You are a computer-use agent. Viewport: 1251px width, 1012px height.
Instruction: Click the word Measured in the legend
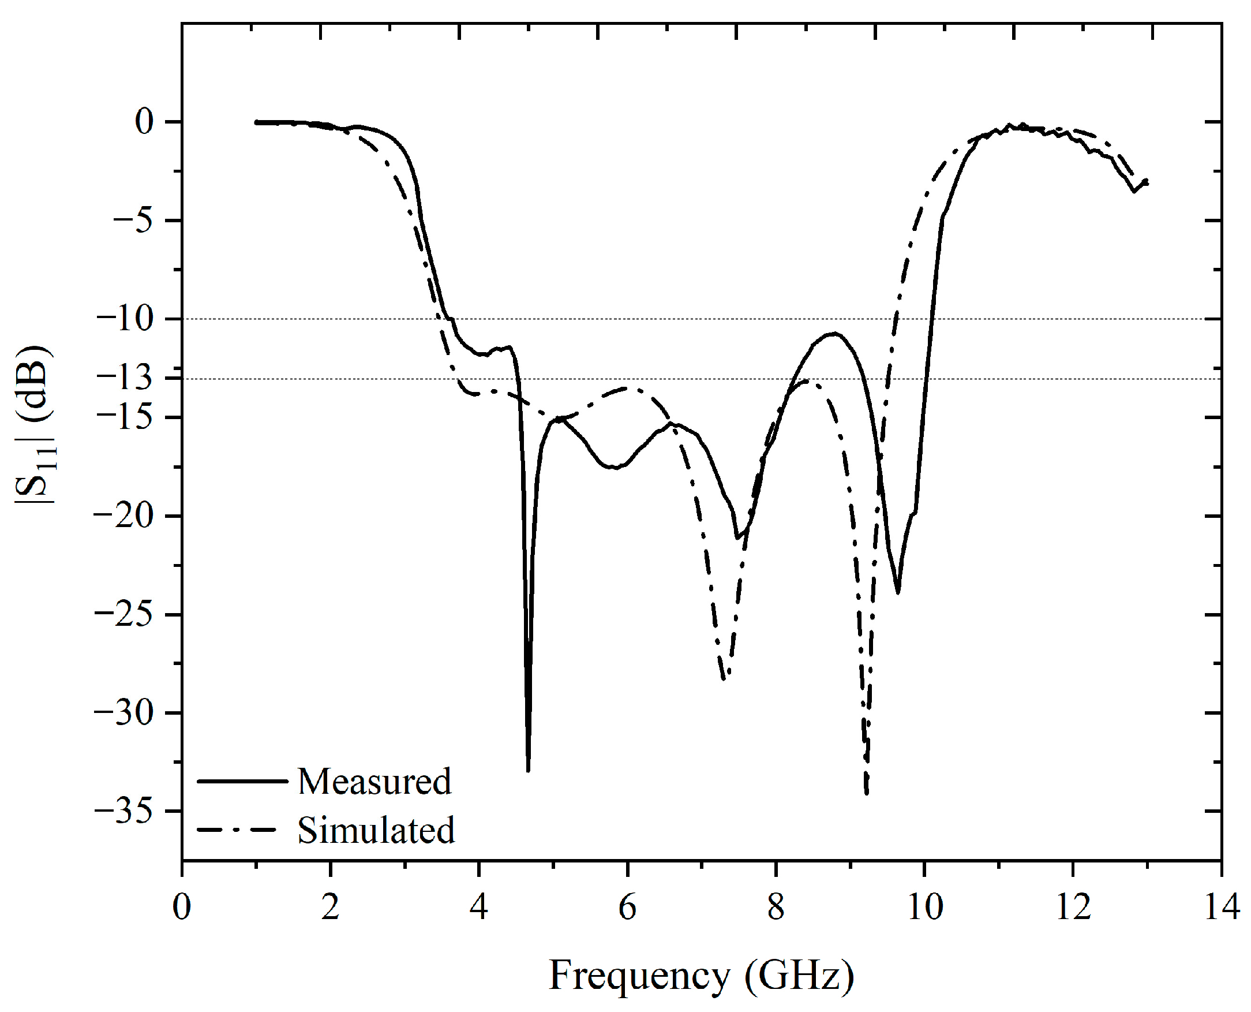(x=374, y=782)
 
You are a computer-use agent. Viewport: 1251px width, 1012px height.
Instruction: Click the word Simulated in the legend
(x=376, y=831)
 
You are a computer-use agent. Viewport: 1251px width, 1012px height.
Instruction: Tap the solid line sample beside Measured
(x=242, y=781)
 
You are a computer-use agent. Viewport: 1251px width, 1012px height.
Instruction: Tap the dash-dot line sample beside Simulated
(x=236, y=830)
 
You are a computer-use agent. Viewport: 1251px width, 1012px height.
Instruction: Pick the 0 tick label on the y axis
(x=144, y=122)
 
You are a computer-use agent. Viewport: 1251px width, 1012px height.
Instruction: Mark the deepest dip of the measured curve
(x=528, y=770)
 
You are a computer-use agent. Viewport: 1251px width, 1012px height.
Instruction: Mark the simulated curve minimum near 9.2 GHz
(x=867, y=793)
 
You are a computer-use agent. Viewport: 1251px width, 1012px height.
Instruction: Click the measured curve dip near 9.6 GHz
(x=898, y=593)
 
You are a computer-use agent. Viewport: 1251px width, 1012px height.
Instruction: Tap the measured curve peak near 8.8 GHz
(x=835, y=334)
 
